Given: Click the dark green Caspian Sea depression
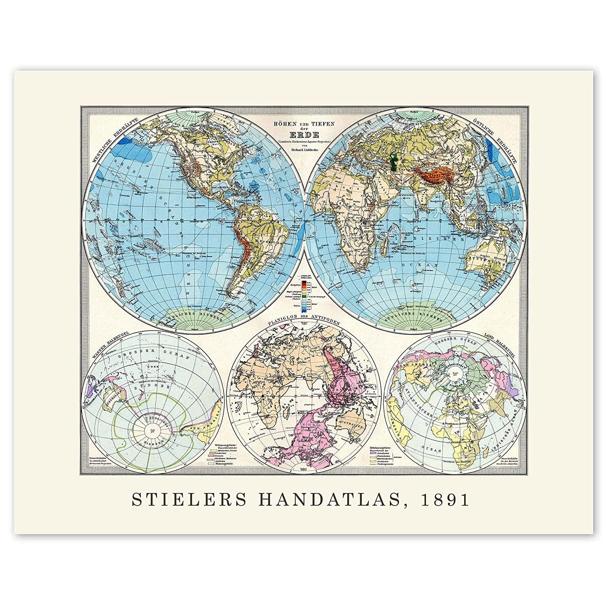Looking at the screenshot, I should pos(393,160).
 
